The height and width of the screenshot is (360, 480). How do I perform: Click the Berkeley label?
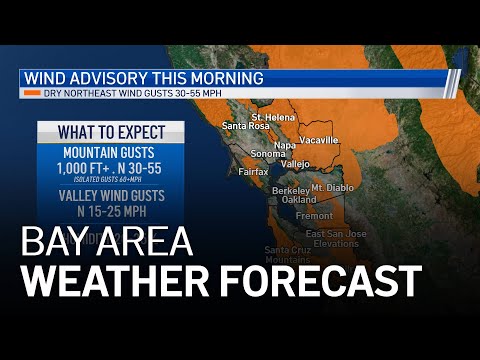[x=290, y=189]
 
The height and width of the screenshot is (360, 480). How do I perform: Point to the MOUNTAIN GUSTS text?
[x=110, y=153]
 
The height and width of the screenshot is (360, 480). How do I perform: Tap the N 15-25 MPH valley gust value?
[x=110, y=211]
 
